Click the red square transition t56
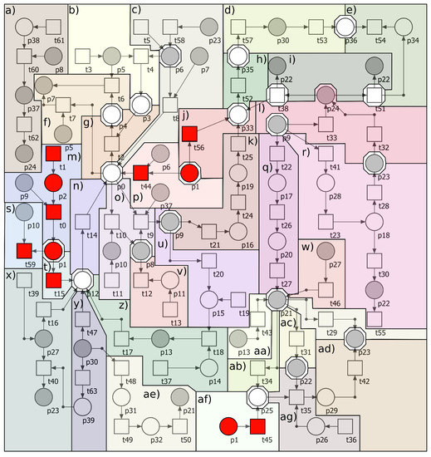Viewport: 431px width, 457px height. (x=189, y=132)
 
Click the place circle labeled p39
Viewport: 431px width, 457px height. (x=83, y=406)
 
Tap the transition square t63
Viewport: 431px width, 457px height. (x=83, y=379)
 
